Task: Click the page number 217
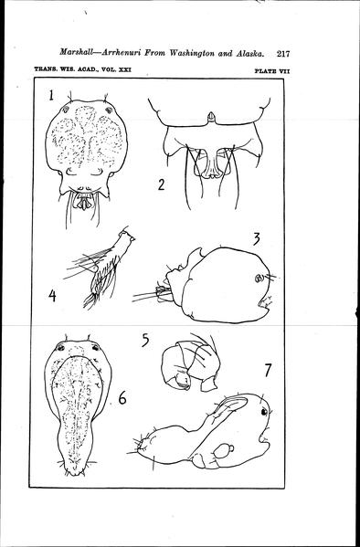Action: coord(283,54)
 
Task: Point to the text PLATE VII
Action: coord(272,71)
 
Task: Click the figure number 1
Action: coord(52,95)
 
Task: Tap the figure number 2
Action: coord(161,184)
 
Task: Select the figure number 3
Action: coord(257,239)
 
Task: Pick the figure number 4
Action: coord(52,296)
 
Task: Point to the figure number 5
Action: coord(145,340)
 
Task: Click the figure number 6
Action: coord(122,397)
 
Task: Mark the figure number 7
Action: coord(268,370)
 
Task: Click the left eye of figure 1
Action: coord(65,110)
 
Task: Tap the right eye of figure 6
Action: coord(95,347)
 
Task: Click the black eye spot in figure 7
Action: coord(264,412)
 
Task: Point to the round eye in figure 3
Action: coord(259,278)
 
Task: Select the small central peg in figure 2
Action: coord(210,117)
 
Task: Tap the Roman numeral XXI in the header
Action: coord(125,69)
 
